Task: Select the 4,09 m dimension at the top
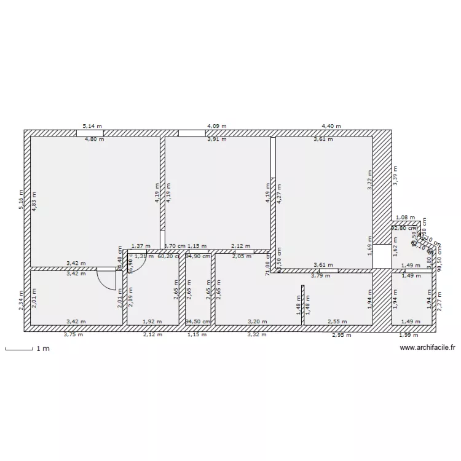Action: click(216, 125)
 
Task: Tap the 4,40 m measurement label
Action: click(332, 125)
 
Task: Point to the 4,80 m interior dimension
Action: click(94, 140)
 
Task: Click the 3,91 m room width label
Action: click(216, 140)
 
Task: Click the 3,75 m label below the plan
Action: click(74, 335)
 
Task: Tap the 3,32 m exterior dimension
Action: click(257, 335)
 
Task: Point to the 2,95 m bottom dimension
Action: click(342, 335)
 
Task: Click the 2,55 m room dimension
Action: click(336, 321)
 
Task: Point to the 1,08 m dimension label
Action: click(405, 218)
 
